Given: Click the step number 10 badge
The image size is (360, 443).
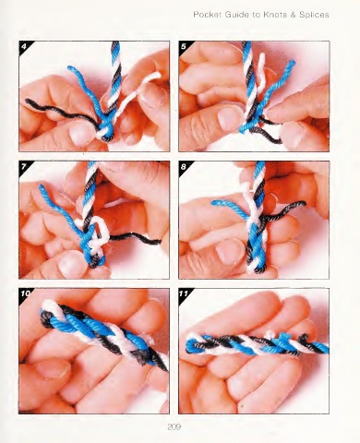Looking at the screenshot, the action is pos(25,293).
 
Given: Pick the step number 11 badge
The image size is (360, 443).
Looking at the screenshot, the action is pos(184,293).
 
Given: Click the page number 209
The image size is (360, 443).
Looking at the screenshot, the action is pos(174,426).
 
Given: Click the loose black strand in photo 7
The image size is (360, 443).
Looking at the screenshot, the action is pos(136,238).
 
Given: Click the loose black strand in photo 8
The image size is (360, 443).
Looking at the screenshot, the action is pos(284,210).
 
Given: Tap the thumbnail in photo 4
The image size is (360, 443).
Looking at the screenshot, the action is pos(80,134).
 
